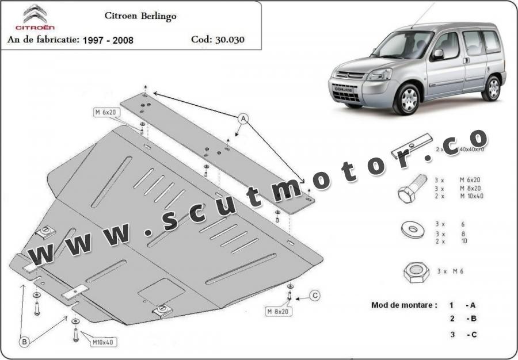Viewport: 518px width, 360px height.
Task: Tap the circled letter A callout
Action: pos(243,119)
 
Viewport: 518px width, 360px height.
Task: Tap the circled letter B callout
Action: pos(25,342)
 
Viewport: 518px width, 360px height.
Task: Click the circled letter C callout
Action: pos(315,296)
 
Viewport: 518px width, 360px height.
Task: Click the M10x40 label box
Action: pos(102,342)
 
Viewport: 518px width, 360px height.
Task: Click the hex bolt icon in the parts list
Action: pos(411,188)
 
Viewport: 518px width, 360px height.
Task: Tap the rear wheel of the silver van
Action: pos(492,88)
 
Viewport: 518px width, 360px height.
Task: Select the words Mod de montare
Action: pos(403,305)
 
